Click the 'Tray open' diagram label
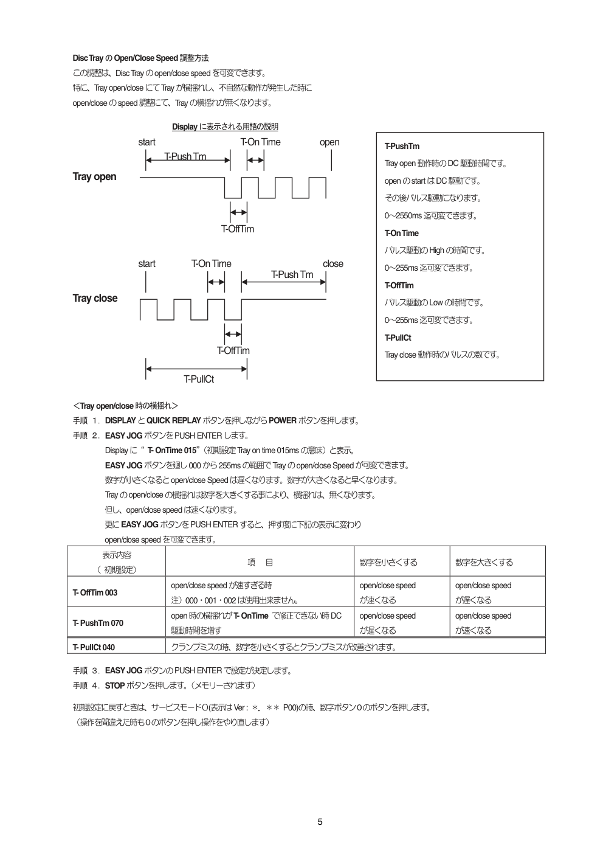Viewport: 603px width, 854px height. [94, 177]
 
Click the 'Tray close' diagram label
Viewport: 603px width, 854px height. [95, 298]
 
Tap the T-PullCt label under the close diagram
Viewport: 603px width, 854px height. [199, 380]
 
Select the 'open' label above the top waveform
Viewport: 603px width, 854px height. [329, 142]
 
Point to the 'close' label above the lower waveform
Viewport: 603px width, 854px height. [333, 264]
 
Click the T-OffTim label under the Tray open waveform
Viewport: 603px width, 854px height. [237, 229]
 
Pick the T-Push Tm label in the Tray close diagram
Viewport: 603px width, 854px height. [292, 275]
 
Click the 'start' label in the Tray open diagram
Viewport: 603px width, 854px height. [146, 142]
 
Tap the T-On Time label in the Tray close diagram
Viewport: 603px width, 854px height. [211, 264]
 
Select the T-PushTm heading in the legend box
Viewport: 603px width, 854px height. [402, 147]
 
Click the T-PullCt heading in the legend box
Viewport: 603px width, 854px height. [398, 338]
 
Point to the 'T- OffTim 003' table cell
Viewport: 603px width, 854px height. [95, 593]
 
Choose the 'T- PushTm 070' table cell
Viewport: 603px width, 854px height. [97, 623]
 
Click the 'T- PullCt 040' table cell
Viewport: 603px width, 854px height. [94, 647]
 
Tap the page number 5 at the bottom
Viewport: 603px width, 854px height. [320, 822]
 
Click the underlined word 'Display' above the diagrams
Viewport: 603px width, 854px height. [185, 127]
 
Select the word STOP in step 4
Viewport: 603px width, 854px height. [115, 686]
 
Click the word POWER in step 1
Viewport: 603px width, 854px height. [283, 421]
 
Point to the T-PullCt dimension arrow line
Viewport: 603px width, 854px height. [196, 369]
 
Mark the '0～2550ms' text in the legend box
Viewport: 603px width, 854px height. [403, 216]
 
